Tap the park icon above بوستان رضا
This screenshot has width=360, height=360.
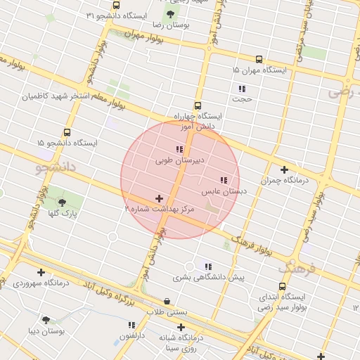170,14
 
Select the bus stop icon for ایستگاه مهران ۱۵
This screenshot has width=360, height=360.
259,60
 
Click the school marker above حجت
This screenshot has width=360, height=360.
242,89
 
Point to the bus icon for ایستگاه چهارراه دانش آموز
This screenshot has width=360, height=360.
198,105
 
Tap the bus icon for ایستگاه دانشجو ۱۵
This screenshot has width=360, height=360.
67,131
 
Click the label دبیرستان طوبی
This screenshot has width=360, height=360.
180,160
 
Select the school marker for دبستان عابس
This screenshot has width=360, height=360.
224,180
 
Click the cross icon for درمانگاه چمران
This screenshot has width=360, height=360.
284,169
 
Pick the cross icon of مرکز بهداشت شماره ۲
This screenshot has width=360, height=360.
159,199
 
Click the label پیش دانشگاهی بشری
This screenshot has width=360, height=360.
209,277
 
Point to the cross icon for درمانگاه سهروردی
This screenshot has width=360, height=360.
41,272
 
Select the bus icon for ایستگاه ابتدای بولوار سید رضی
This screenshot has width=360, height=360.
282,286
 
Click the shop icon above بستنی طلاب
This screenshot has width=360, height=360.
167,301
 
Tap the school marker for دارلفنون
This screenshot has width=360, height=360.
131,325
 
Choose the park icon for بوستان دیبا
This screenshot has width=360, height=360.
46,319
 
